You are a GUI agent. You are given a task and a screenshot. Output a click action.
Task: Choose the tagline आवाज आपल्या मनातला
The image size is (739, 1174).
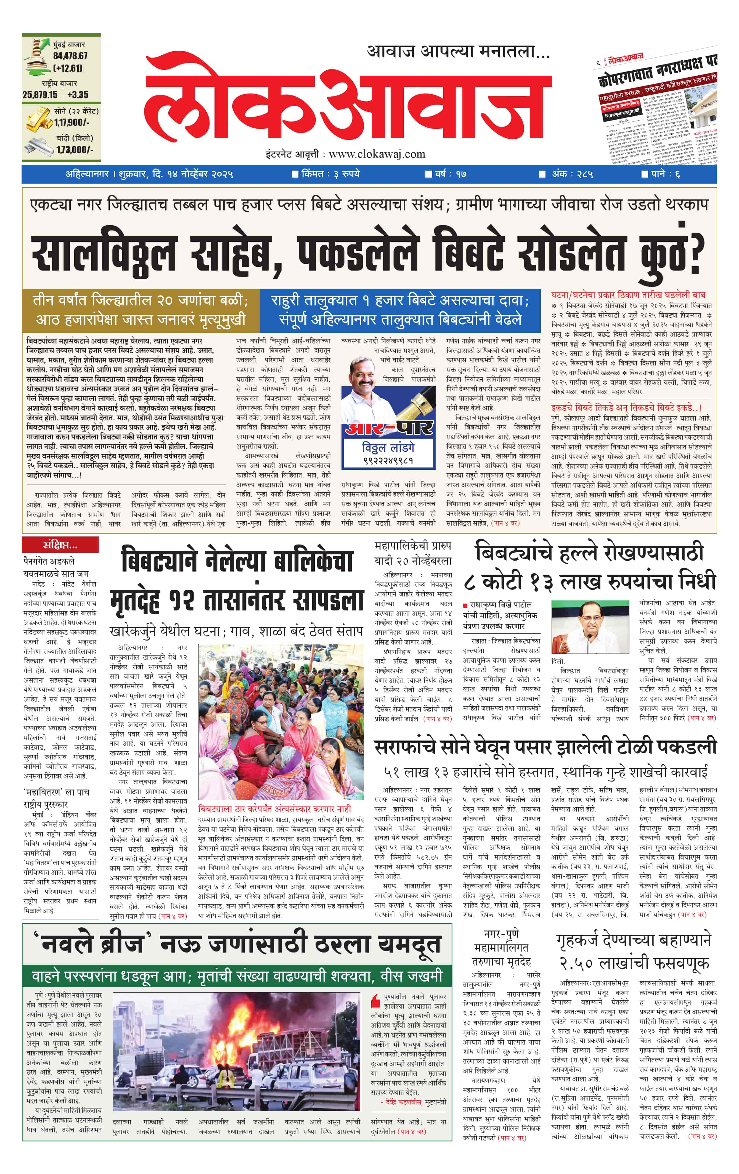(458, 51)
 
